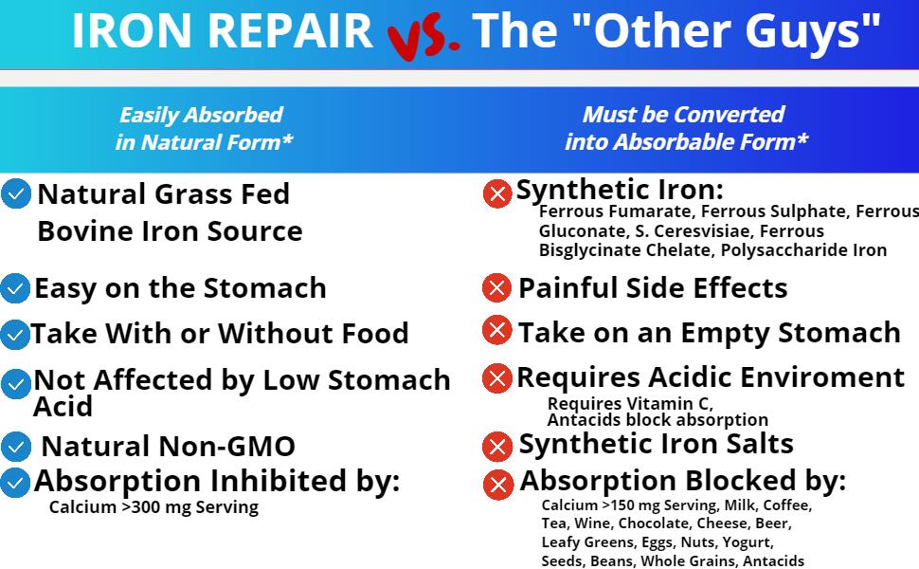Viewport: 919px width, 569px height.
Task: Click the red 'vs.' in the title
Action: click(x=423, y=34)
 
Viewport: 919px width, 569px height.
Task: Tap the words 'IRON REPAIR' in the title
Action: click(x=223, y=30)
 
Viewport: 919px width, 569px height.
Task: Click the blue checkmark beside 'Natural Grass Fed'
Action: click(x=16, y=194)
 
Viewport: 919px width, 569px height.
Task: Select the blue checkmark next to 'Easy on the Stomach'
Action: click(x=15, y=287)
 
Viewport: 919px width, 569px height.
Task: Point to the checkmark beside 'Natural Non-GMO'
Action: click(x=15, y=446)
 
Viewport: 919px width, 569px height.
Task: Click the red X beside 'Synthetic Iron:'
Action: click(x=497, y=193)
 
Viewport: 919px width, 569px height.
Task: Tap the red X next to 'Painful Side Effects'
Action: click(x=496, y=287)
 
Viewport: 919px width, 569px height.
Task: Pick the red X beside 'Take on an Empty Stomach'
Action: click(x=496, y=331)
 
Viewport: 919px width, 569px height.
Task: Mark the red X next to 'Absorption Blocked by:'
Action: click(x=497, y=485)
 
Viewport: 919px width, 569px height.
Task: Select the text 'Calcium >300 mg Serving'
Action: click(x=153, y=507)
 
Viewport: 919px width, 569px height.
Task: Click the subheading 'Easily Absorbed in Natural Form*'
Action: click(x=202, y=128)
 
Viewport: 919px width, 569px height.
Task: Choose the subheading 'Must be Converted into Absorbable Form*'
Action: click(x=685, y=128)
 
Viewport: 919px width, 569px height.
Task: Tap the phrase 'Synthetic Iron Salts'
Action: click(x=656, y=444)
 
